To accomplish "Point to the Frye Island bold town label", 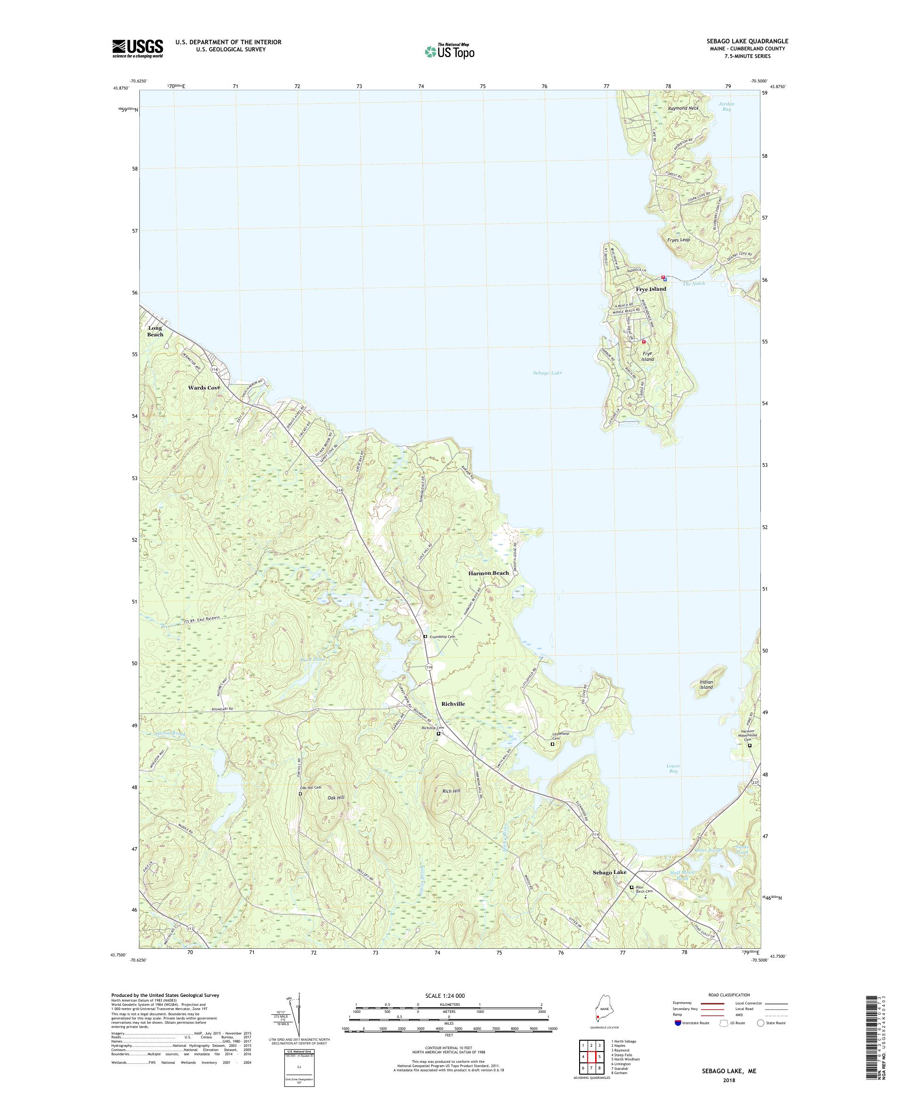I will [x=650, y=289].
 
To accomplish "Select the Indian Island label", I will [x=706, y=685].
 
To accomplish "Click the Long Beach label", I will [x=155, y=331].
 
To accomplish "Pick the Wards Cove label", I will [x=204, y=388].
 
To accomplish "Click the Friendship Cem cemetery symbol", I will [x=426, y=636].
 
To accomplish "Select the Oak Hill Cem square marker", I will [x=300, y=794].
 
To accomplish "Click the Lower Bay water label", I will [x=673, y=769].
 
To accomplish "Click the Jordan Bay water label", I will [x=726, y=106].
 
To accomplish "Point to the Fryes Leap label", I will [x=678, y=240].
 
